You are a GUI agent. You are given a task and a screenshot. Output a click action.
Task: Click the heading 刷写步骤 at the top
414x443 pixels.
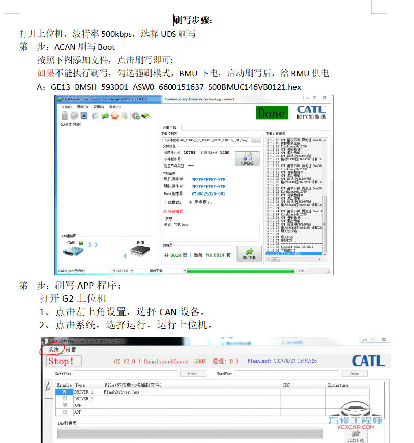(x=193, y=20)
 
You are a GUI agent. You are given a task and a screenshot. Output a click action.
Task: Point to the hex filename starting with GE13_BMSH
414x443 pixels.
(x=175, y=87)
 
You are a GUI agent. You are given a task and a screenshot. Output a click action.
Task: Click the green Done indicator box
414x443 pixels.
(x=271, y=113)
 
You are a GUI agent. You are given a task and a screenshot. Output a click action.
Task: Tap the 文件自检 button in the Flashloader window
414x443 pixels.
(x=247, y=158)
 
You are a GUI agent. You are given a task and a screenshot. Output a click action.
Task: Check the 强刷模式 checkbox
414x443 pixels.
(x=165, y=211)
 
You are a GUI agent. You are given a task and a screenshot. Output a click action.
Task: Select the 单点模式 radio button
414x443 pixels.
(x=190, y=202)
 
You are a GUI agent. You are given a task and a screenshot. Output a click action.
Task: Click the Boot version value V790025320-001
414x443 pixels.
(x=208, y=193)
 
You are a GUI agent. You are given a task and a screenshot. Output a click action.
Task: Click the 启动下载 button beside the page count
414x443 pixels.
(x=249, y=254)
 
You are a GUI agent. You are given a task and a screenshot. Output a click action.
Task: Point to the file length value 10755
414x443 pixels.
(x=189, y=152)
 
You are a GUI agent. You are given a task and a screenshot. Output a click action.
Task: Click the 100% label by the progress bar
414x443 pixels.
(x=300, y=271)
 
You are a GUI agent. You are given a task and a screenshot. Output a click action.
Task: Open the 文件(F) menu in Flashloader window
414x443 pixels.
(x=66, y=107)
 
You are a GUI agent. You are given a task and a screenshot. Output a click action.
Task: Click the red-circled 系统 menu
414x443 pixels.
(x=53, y=350)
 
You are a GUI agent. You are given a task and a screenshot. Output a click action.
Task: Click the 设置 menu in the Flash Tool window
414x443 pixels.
(x=71, y=350)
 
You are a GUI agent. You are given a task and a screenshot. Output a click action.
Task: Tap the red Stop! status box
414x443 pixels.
(x=61, y=361)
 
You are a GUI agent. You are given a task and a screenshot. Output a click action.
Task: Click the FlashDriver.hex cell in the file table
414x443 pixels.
(x=122, y=392)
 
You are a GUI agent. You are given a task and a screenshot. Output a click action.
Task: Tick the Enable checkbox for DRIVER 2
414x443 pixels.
(x=64, y=399)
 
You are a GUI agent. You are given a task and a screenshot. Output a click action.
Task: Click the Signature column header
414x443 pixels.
(x=338, y=385)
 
